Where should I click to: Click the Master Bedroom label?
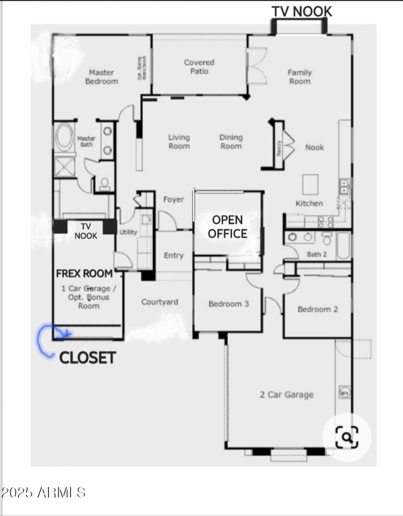(101, 77)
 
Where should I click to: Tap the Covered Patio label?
(199, 67)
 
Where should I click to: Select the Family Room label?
(300, 77)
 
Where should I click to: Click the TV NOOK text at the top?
(302, 12)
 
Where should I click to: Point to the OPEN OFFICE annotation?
(227, 226)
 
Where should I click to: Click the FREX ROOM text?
(84, 274)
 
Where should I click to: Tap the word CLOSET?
(88, 358)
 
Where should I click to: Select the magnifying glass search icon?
(347, 436)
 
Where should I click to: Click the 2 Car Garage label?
(287, 394)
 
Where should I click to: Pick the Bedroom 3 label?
(229, 304)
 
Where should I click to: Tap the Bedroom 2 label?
(317, 309)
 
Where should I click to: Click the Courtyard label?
(159, 302)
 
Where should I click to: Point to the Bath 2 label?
(317, 254)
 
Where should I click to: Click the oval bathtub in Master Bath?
(63, 137)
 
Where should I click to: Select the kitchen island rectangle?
(310, 184)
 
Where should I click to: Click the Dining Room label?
(231, 141)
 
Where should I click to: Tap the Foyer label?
(173, 199)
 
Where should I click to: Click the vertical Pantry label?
(279, 147)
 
